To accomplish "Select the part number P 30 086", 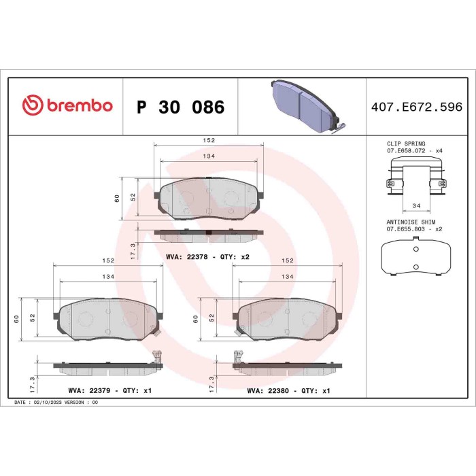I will pyautogui.click(x=180, y=107).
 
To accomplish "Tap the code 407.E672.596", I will pyautogui.click(x=417, y=107).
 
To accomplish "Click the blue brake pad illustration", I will pyautogui.click(x=303, y=105).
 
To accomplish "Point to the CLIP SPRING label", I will pyautogui.click(x=405, y=144).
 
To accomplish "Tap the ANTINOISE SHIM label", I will pyautogui.click(x=410, y=222).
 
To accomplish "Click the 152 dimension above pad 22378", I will pyautogui.click(x=209, y=140).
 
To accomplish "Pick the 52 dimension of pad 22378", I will pyautogui.click(x=133, y=197).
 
